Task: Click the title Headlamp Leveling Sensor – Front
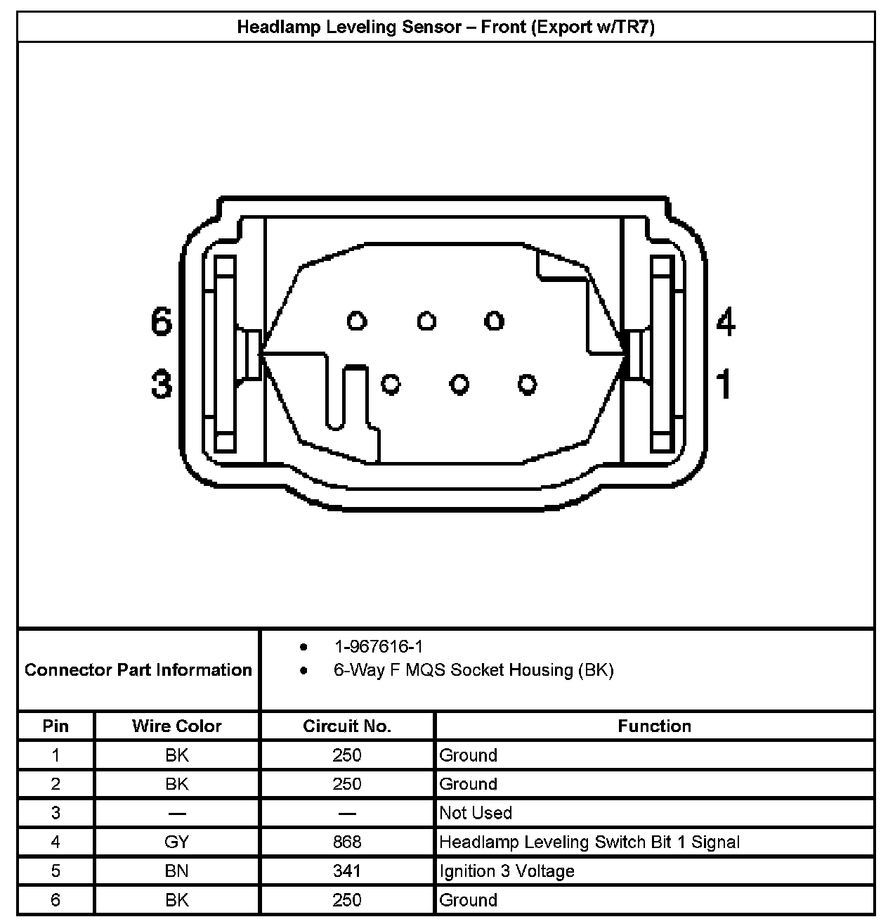(x=445, y=27)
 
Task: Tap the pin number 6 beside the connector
(x=162, y=321)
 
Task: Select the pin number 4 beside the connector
(x=726, y=321)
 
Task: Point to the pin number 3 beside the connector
(x=162, y=384)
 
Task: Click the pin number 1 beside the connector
(x=724, y=384)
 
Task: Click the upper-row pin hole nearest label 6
(x=357, y=321)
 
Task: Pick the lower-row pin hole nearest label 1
(x=527, y=384)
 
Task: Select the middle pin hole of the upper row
(x=426, y=321)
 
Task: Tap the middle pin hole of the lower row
(x=459, y=384)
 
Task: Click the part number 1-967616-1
(x=378, y=646)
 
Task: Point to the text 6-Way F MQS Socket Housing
(x=474, y=670)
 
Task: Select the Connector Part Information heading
(x=138, y=669)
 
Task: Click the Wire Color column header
(x=176, y=726)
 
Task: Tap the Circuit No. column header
(x=347, y=726)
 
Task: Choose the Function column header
(x=654, y=726)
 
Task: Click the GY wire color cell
(x=176, y=842)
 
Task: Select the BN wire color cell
(x=176, y=871)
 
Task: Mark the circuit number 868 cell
(x=347, y=842)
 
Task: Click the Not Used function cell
(x=476, y=813)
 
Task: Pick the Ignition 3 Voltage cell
(x=507, y=871)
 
